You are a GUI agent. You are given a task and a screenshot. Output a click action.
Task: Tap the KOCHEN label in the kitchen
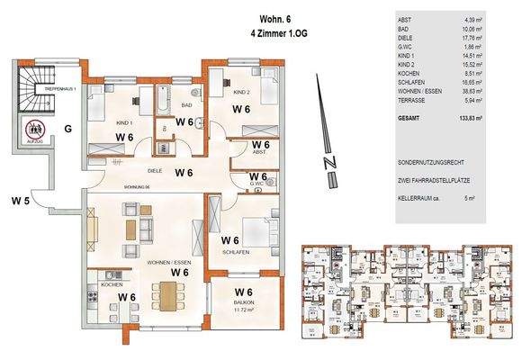point(111,284)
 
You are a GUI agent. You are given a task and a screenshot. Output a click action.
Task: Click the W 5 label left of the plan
point(21,200)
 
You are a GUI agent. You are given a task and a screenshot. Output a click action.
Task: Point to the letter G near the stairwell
point(67,129)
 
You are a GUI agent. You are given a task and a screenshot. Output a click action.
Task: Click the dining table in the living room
point(167,293)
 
